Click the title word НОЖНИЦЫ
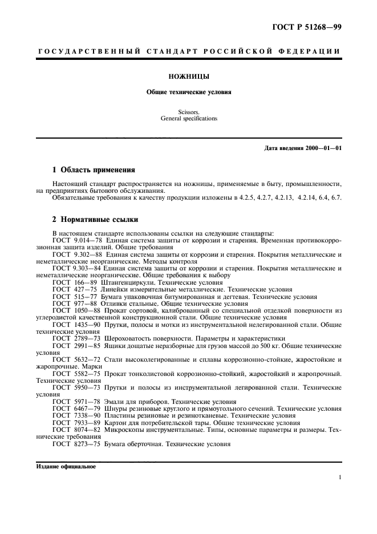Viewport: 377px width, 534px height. coord(188,75)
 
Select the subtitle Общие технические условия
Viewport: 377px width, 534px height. coord(188,92)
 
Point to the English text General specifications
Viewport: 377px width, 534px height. coord(188,119)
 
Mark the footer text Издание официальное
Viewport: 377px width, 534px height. coord(66,466)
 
